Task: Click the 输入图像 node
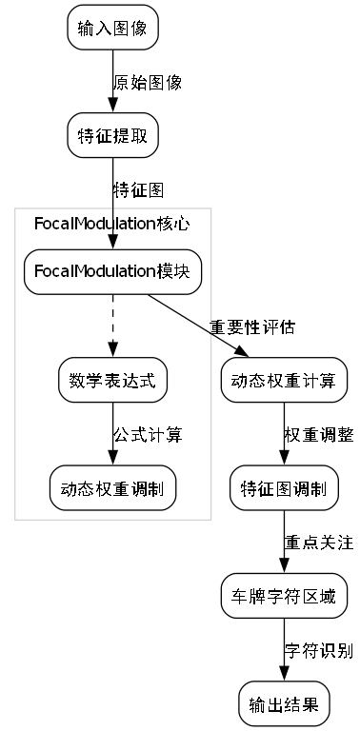[112, 28]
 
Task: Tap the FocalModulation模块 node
[112, 271]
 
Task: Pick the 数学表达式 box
[112, 380]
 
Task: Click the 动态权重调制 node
[112, 489]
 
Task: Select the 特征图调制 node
[283, 489]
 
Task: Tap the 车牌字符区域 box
[283, 597]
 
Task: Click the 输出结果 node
[283, 704]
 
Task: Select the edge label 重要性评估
[252, 326]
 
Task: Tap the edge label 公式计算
[147, 435]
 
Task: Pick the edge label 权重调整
[318, 435]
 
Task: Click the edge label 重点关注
[318, 543]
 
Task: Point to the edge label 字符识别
[318, 651]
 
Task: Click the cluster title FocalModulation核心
[112, 224]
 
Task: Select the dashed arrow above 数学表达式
[112, 325]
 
